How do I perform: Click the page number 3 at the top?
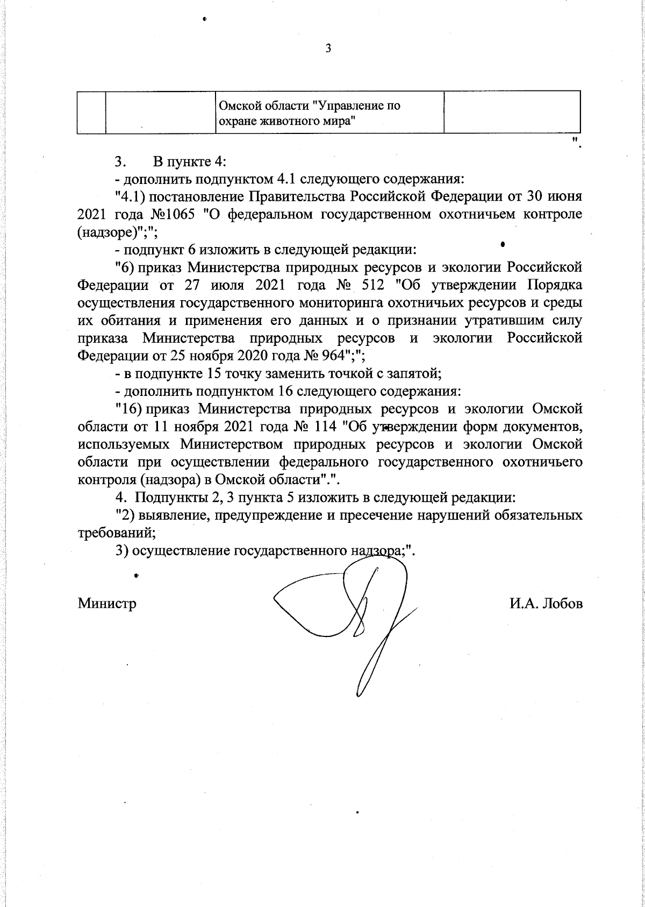(328, 49)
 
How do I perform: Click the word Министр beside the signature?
(107, 603)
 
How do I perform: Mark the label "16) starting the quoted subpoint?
(128, 409)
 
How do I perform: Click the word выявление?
(168, 515)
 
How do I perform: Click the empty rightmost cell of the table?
(512, 111)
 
